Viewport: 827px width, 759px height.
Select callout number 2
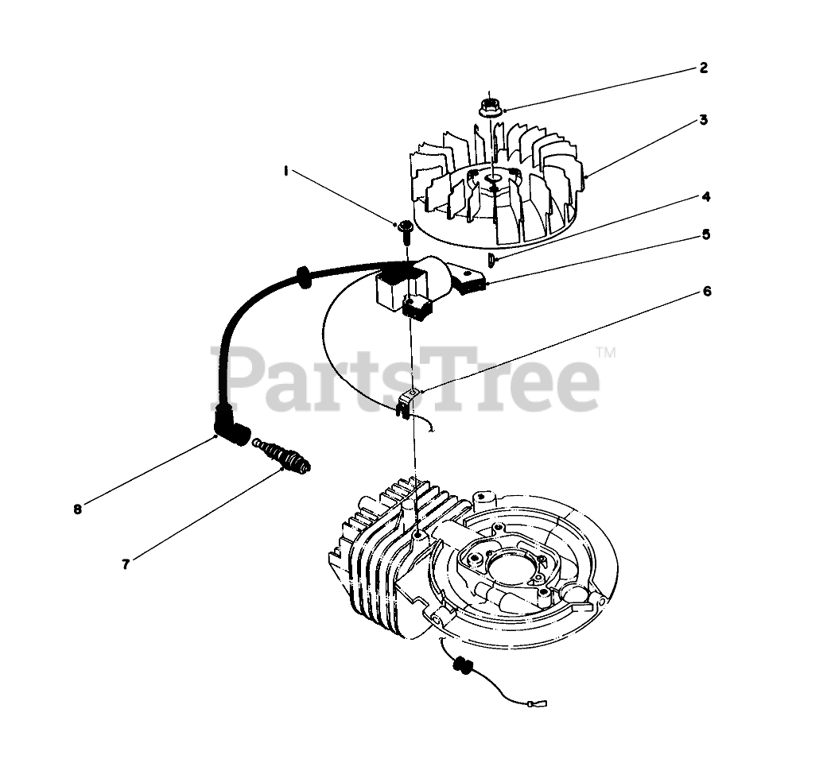[x=703, y=68]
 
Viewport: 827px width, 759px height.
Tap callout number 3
[x=703, y=120]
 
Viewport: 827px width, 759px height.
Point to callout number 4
[x=705, y=196]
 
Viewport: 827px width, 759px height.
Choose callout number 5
[x=705, y=234]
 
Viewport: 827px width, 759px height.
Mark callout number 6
[x=706, y=292]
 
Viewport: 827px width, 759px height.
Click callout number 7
[x=126, y=563]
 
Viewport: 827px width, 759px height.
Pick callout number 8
[x=77, y=509]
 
